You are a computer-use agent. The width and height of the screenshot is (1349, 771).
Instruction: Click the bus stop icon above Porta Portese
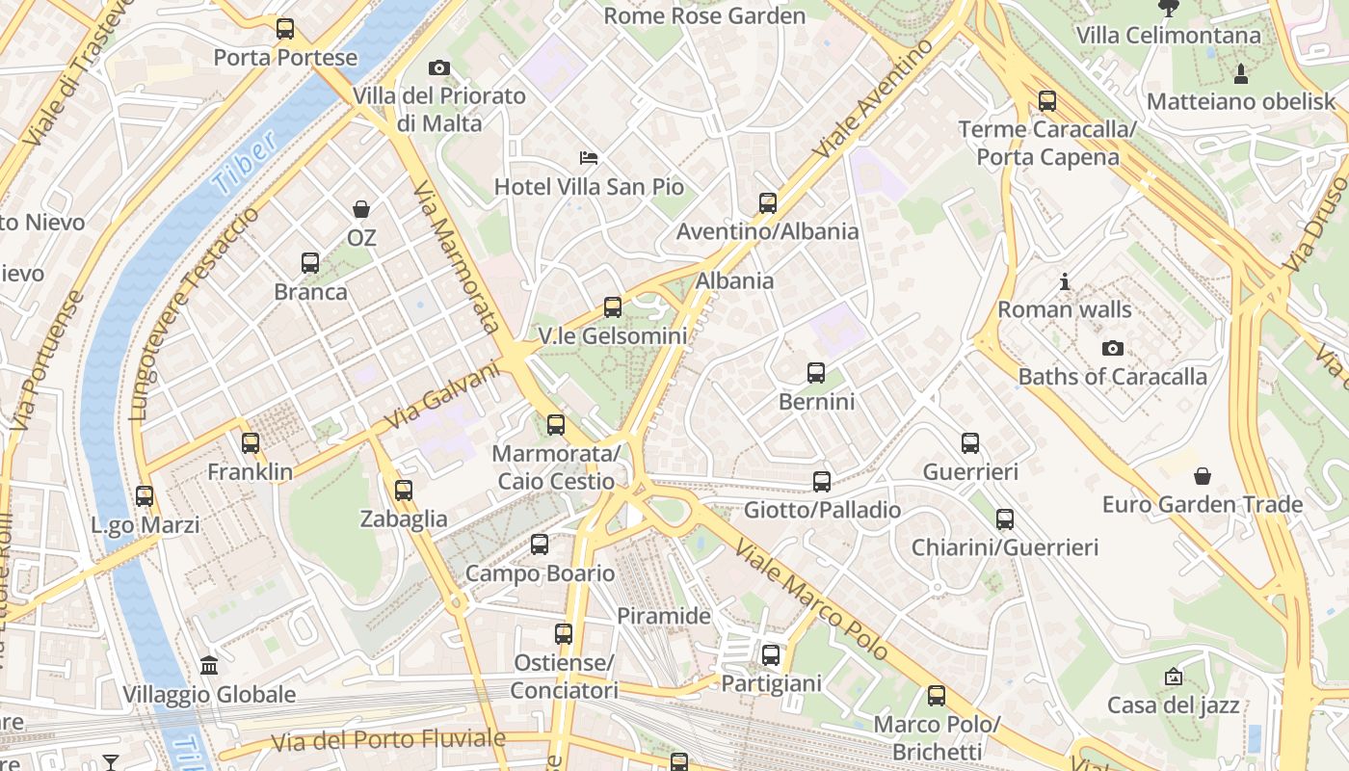point(284,29)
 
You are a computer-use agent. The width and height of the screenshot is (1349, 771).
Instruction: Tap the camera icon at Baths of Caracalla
point(1112,348)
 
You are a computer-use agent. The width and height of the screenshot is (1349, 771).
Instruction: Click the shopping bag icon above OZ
point(361,209)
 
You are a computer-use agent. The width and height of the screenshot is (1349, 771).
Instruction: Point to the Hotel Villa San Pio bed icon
point(589,157)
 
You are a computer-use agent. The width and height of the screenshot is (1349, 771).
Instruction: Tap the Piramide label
point(663,616)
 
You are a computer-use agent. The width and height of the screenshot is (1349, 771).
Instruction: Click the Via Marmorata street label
point(456,256)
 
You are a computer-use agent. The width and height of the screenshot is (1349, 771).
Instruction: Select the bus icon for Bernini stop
point(816,373)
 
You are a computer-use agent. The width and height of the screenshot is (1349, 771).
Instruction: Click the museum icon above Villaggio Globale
point(208,665)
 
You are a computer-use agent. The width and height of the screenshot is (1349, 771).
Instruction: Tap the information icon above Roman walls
point(1064,281)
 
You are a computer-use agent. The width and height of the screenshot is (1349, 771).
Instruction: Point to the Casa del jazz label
point(1173,705)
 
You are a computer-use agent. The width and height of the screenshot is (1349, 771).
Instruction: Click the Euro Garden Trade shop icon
point(1202,476)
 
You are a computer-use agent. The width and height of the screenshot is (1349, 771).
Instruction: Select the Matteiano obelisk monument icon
point(1240,73)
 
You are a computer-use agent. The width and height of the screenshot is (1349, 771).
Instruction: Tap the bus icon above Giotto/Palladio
point(821,482)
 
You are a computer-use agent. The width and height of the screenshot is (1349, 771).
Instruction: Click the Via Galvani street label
point(442,396)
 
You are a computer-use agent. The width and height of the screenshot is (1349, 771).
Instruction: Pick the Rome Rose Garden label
point(703,15)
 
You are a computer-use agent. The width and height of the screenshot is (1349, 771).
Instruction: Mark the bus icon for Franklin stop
point(251,443)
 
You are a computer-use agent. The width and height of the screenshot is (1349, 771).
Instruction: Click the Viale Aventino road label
point(873,98)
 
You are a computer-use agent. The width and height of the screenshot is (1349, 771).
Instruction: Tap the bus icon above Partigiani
point(770,655)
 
